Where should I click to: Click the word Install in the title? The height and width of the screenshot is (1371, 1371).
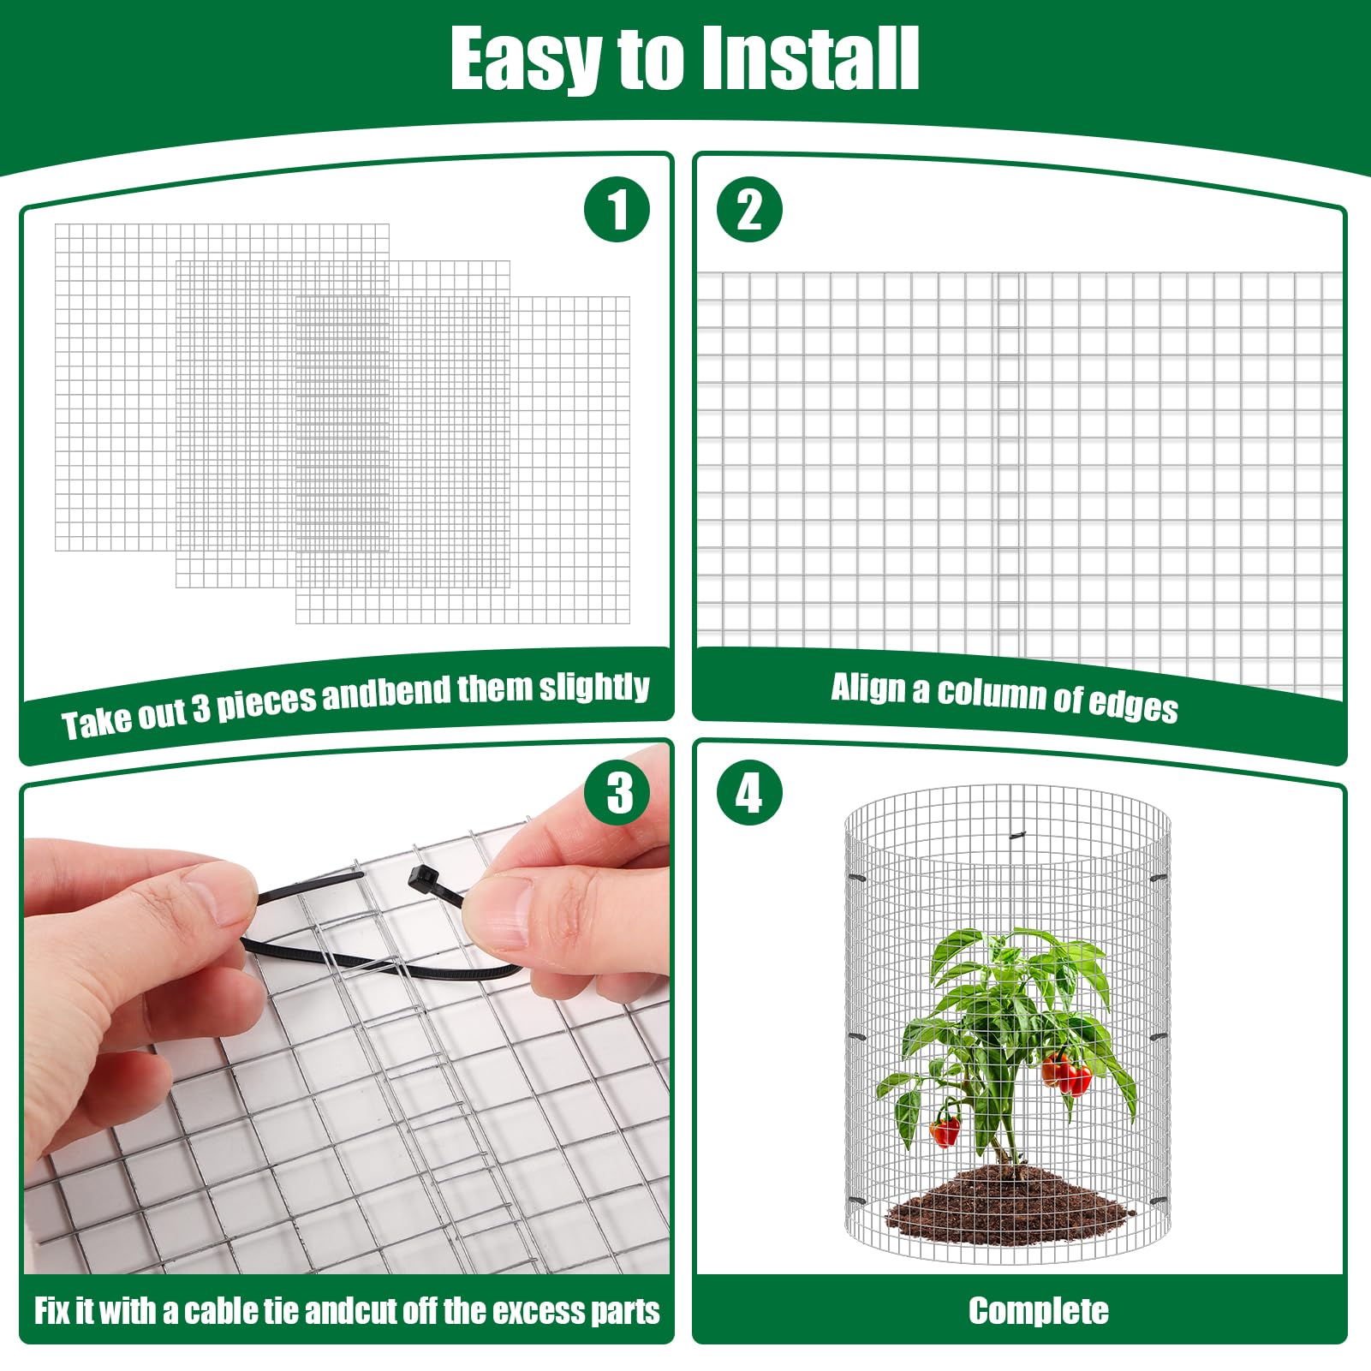pos(809,57)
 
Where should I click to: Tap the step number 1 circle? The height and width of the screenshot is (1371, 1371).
pos(617,209)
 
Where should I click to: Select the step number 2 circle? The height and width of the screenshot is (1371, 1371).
pos(749,209)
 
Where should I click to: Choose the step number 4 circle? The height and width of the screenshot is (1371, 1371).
pos(749,793)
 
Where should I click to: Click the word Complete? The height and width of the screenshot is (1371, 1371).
pos(1038,1311)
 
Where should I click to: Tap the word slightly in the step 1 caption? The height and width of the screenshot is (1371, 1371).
pos(594,687)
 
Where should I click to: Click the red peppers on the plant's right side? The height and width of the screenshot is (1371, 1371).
pos(1067,1073)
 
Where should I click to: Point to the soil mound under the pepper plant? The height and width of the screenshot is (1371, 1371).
pos(1011,1199)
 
